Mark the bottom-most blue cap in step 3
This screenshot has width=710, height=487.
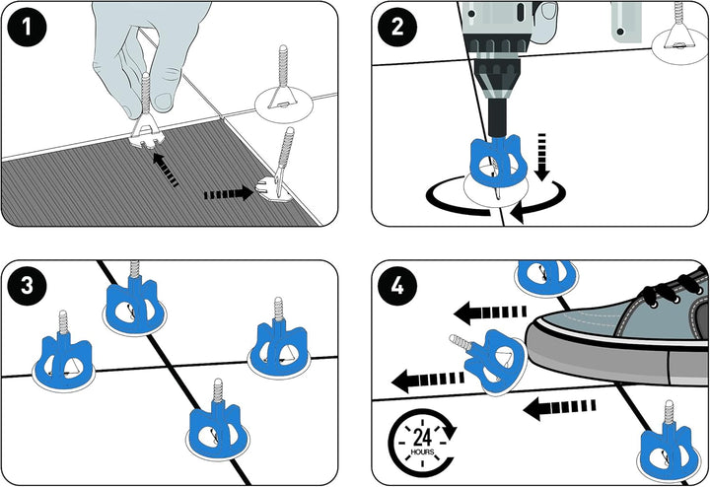pyautogui.click(x=218, y=429)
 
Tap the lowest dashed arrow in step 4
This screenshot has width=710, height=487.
pyautogui.click(x=558, y=404)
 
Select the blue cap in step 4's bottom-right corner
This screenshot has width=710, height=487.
pyautogui.click(x=669, y=449)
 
